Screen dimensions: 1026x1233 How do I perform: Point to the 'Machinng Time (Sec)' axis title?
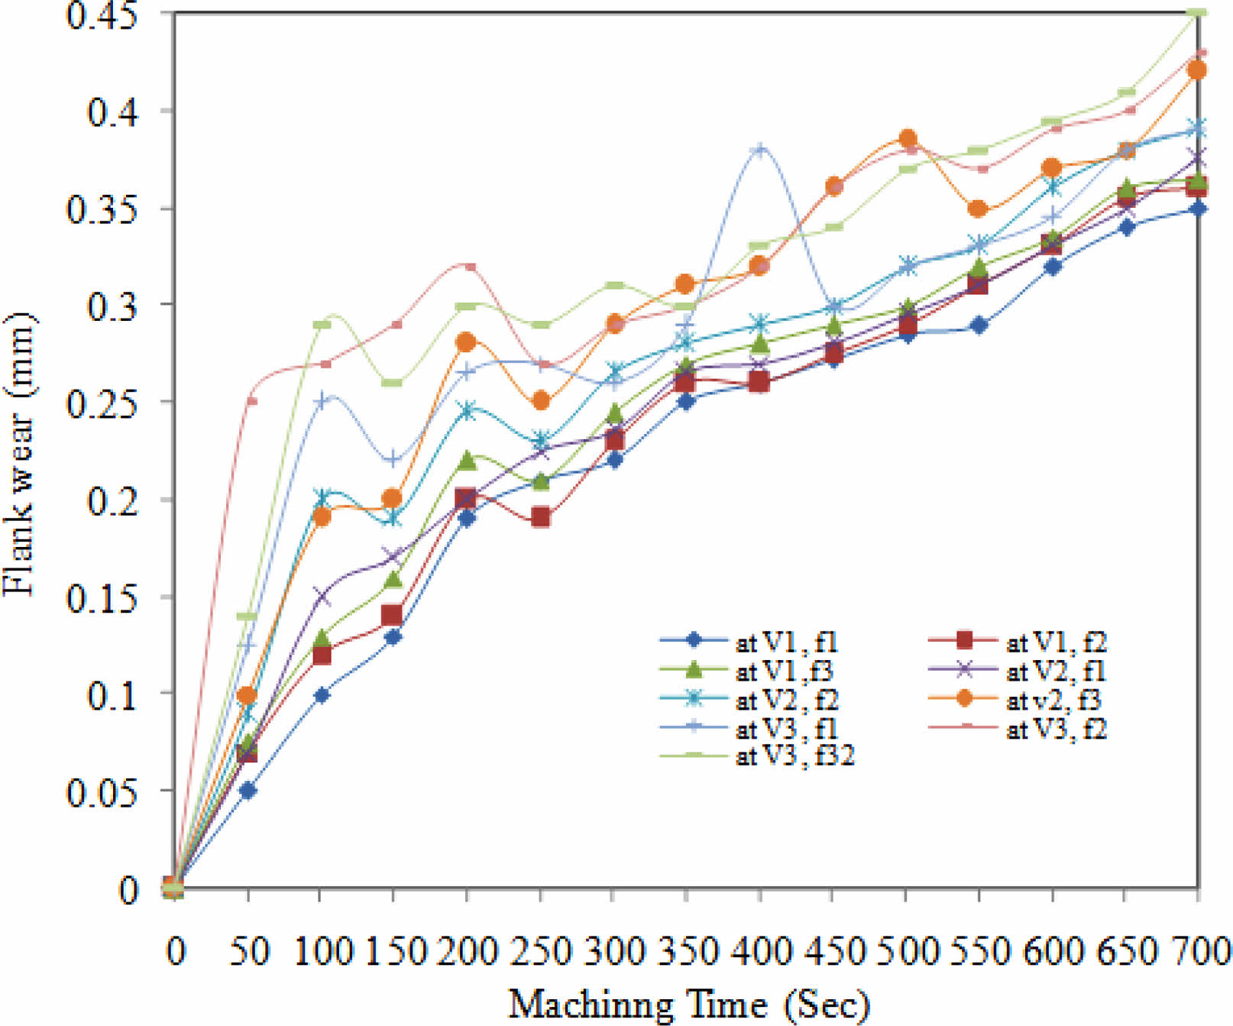[689, 1004]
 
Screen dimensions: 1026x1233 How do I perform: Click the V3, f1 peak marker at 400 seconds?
[759, 149]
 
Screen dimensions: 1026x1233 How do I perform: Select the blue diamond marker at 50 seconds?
[248, 790]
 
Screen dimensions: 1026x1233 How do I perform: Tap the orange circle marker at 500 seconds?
[908, 139]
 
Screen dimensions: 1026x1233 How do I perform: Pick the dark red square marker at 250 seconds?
[541, 517]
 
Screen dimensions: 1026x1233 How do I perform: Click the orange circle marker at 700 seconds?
[1197, 70]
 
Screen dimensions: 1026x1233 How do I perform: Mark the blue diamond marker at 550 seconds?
[979, 325]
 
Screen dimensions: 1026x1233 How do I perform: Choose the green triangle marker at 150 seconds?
[393, 578]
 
